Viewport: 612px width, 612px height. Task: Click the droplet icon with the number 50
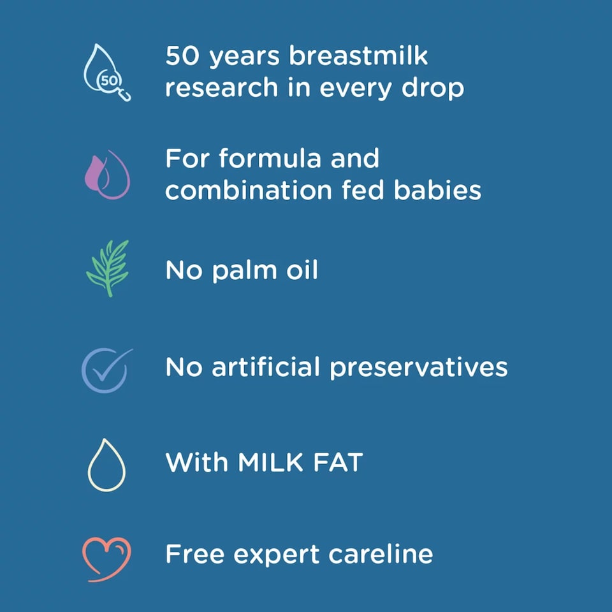click(x=107, y=72)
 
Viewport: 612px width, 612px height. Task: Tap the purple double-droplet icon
click(x=106, y=174)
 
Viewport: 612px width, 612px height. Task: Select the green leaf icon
click(x=107, y=268)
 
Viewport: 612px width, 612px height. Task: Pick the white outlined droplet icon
click(x=106, y=465)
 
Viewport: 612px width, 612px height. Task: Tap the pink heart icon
click(x=106, y=557)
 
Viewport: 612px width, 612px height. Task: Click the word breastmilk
click(x=358, y=56)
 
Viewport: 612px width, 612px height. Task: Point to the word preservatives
click(x=418, y=368)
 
